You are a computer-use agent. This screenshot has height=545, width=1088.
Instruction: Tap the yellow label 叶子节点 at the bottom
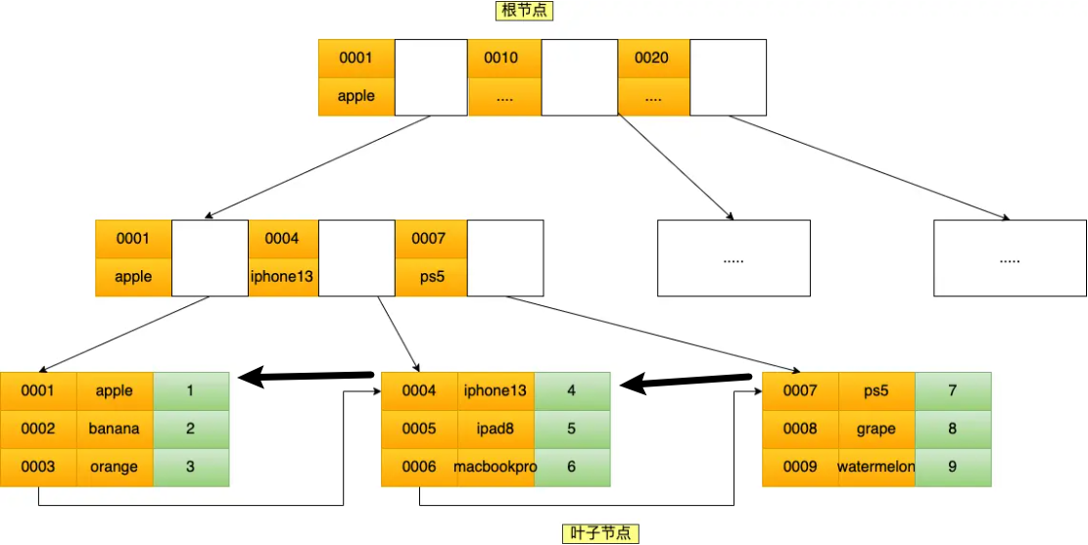[x=602, y=533]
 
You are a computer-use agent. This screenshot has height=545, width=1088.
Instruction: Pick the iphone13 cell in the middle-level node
[x=283, y=276]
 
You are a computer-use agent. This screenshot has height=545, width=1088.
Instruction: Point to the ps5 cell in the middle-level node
[x=431, y=276]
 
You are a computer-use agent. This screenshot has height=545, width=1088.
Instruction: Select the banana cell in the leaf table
[x=115, y=429]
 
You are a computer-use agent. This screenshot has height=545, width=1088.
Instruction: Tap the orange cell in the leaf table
[x=115, y=467]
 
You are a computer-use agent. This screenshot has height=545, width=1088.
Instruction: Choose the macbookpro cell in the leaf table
[x=496, y=467]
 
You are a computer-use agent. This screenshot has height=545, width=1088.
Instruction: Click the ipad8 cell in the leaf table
[x=496, y=429]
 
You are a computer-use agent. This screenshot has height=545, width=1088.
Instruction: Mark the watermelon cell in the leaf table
[x=876, y=467]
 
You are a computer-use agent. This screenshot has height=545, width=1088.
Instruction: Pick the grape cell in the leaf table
[x=876, y=429]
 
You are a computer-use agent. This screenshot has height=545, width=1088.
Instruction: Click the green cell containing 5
[x=572, y=429]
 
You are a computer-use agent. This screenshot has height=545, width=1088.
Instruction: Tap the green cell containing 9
[x=953, y=467]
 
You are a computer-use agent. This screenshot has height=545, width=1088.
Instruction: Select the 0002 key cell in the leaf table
[x=38, y=429]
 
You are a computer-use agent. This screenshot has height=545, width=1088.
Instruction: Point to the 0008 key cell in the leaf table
[x=800, y=429]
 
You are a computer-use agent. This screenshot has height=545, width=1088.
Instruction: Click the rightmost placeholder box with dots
[x=1010, y=258]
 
